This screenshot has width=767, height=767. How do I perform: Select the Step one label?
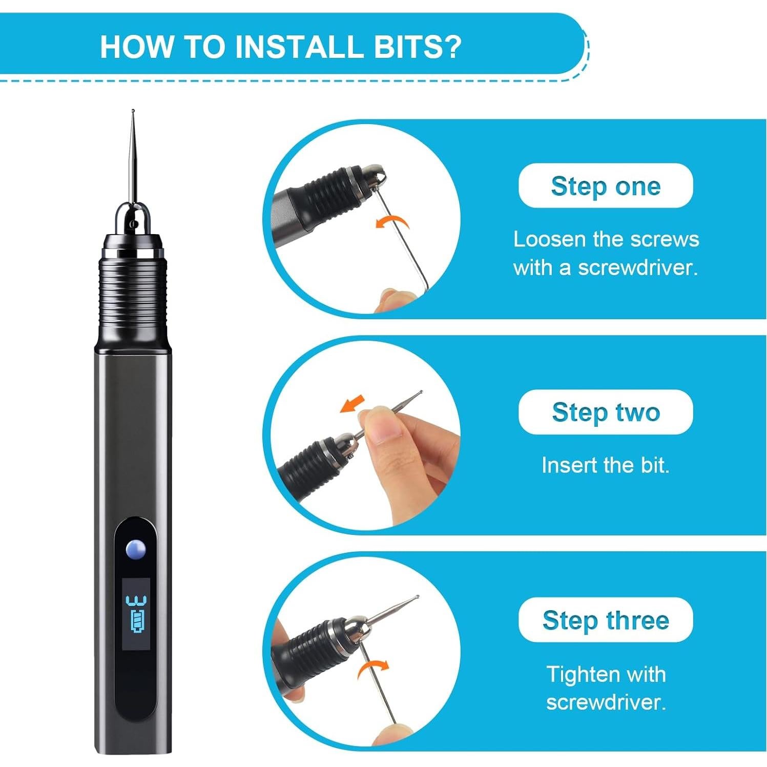(606, 186)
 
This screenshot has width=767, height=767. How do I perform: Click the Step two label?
(606, 412)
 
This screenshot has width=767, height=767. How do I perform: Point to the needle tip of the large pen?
(133, 111)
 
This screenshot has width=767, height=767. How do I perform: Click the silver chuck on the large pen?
(133, 219)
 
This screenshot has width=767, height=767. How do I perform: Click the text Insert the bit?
(606, 465)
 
